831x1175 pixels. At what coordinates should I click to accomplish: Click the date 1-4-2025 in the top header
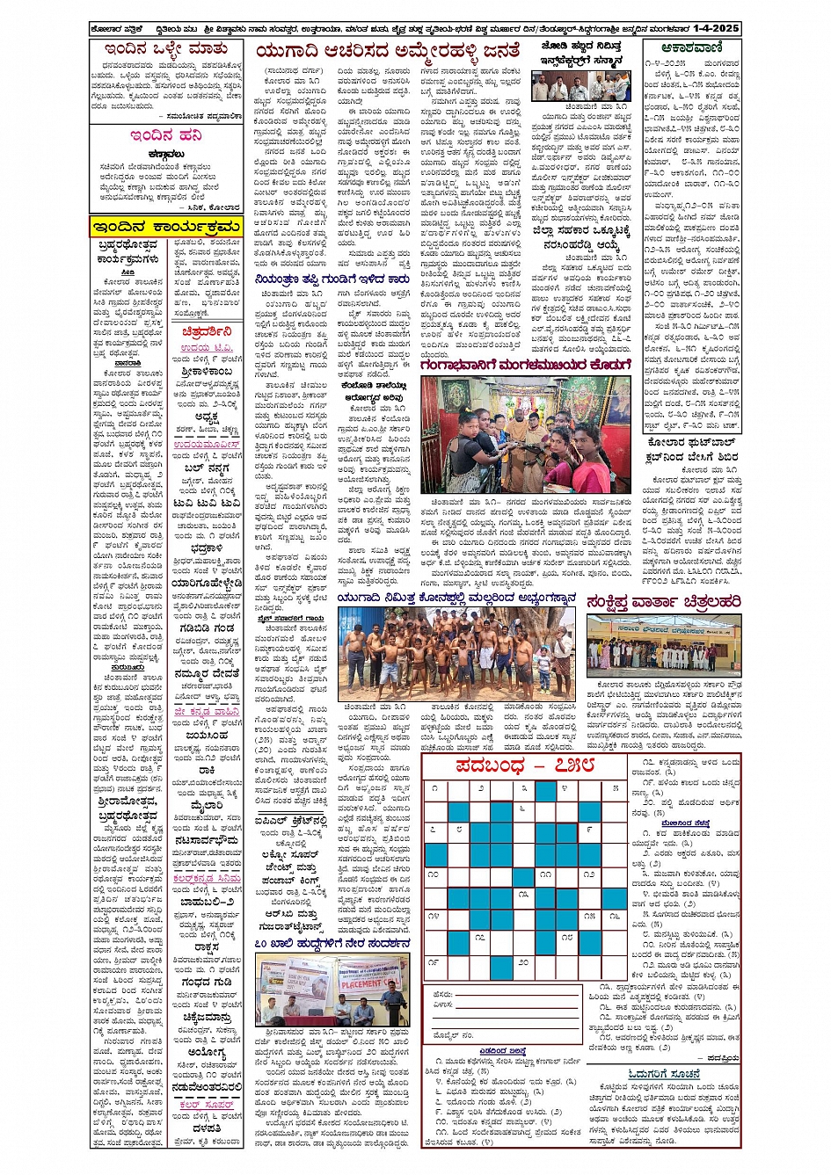(x=714, y=29)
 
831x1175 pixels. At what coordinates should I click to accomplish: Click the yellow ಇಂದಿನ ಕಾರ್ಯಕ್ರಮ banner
(x=165, y=228)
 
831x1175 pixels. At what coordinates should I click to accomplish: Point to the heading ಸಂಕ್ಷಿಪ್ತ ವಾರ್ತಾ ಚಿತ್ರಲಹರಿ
(x=664, y=602)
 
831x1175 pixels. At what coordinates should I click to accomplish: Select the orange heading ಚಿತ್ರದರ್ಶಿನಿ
(x=207, y=332)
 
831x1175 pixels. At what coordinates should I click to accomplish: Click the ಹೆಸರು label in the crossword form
(x=443, y=995)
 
